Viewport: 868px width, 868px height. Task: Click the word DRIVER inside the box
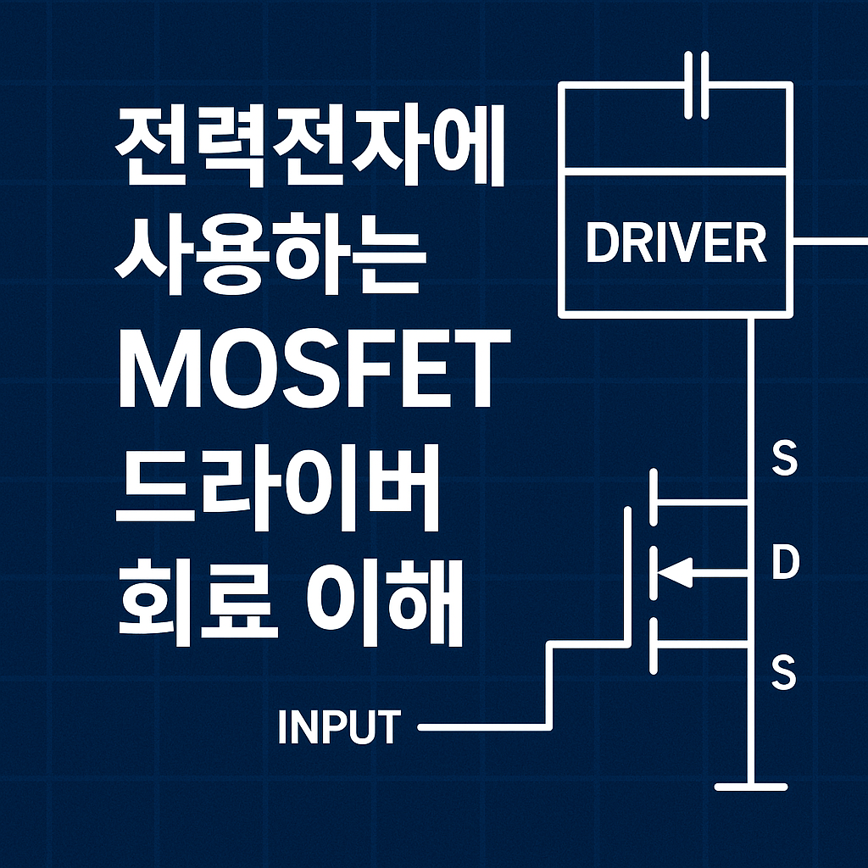tap(676, 243)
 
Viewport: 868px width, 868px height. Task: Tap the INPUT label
tap(338, 728)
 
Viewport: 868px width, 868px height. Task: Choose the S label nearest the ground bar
tap(784, 675)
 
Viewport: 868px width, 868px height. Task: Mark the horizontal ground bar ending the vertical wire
tap(751, 787)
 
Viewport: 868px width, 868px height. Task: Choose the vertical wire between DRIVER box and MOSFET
tap(750, 381)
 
